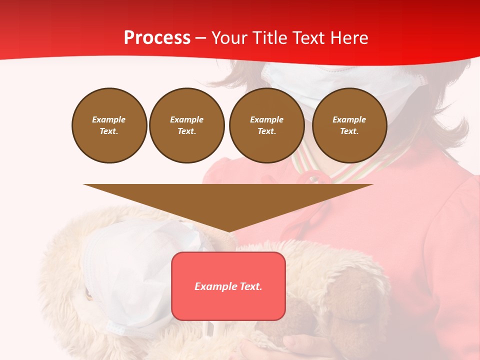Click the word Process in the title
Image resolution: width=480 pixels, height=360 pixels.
[157, 38]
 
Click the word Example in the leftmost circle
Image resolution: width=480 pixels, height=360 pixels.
[109, 119]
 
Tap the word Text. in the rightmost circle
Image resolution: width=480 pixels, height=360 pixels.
[349, 131]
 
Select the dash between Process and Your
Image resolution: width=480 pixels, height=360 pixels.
[200, 38]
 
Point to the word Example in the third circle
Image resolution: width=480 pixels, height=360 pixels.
[266, 119]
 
